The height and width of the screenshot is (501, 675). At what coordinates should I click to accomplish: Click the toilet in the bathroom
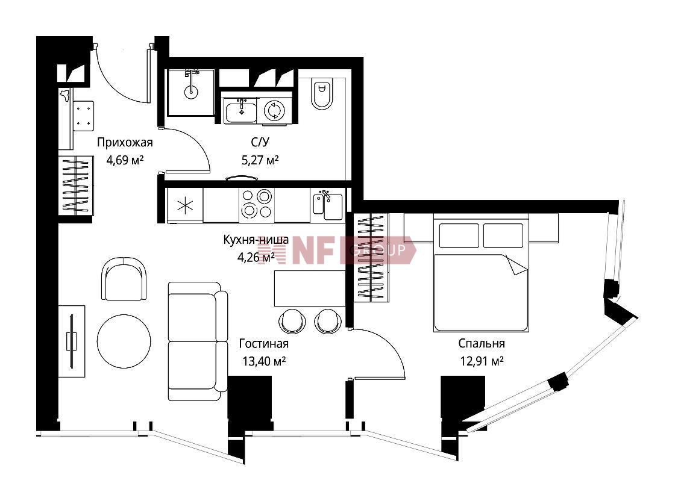coord(322,94)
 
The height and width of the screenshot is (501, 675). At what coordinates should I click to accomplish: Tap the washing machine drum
coord(274,111)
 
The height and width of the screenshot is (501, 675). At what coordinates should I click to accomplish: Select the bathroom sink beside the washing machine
coord(240,111)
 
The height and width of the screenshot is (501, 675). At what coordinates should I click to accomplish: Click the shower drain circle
coord(190,91)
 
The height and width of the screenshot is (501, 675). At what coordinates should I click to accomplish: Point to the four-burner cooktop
coord(257,204)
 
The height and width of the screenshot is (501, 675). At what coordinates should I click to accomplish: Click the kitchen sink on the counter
coord(328,205)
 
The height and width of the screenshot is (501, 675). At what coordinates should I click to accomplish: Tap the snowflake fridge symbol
coord(185,205)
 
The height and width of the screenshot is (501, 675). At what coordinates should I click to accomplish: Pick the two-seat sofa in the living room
coord(198,341)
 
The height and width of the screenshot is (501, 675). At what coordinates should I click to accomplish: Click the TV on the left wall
coord(71,341)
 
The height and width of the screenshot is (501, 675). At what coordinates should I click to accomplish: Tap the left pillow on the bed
coord(459,235)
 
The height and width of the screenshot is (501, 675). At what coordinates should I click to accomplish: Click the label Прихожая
coord(125,142)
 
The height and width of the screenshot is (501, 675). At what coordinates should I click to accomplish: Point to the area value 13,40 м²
coord(265,361)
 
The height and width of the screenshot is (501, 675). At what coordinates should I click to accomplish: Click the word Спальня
coord(482,343)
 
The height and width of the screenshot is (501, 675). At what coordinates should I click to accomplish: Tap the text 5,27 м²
coord(260,160)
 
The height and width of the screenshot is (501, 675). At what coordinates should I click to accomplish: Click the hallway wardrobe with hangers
coord(76,185)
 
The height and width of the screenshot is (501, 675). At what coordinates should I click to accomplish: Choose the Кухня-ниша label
coord(256,240)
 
